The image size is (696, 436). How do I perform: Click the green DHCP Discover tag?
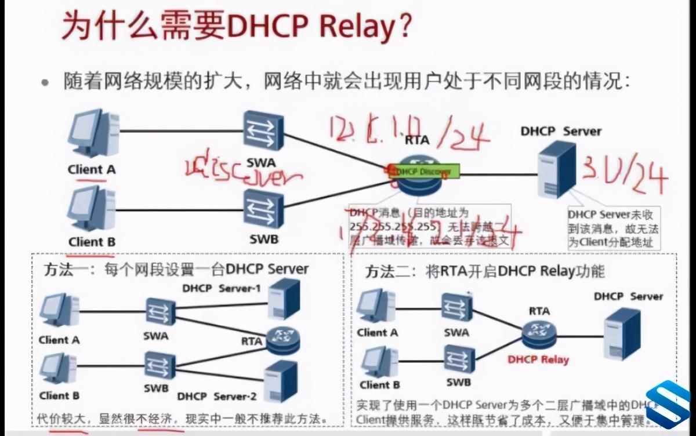[426, 171]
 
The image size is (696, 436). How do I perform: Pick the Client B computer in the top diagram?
[92, 209]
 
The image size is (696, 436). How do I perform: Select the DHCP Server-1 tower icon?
[284, 299]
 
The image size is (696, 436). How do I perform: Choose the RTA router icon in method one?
[283, 339]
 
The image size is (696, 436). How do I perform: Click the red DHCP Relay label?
[538, 359]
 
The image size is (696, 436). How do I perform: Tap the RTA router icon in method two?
[539, 332]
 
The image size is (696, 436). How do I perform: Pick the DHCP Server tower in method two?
[621, 334]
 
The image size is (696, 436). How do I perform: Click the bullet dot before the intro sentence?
[45, 82]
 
